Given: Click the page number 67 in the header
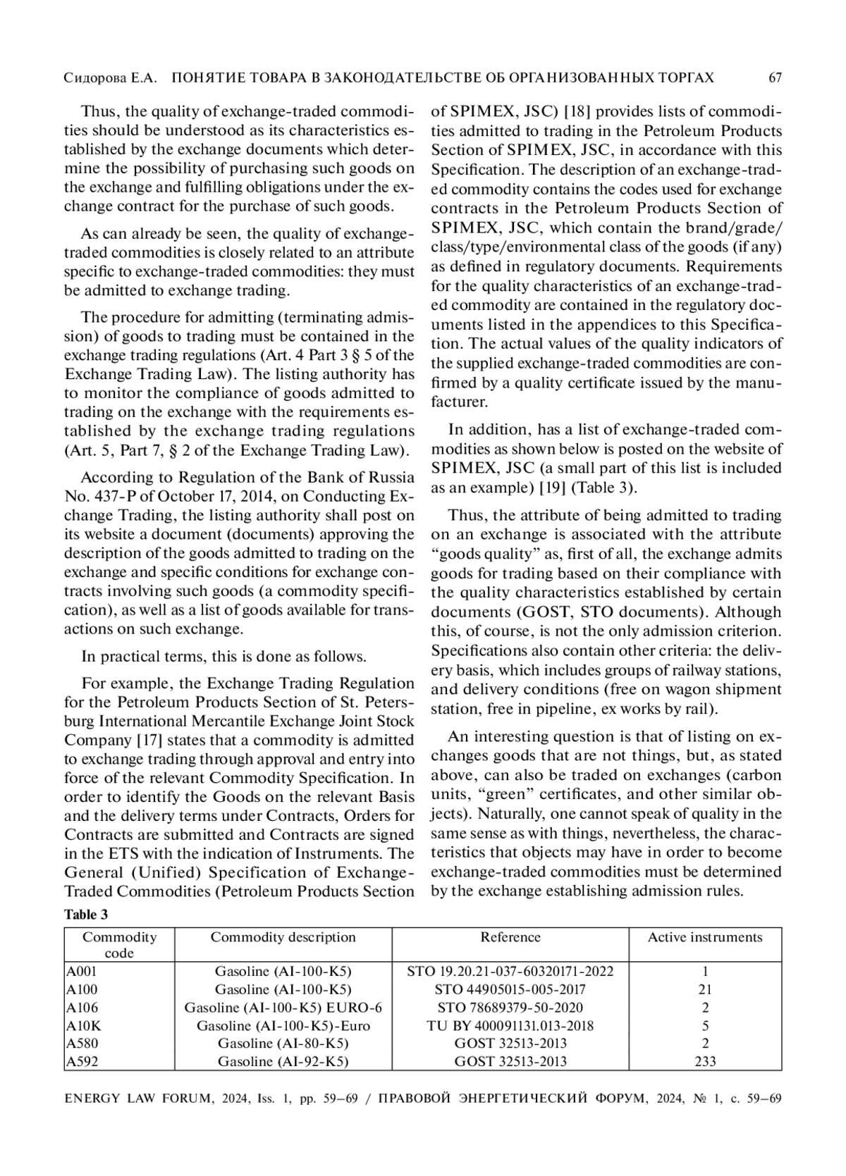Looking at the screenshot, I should coord(775,78).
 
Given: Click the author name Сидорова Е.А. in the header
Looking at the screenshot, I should coord(110,78).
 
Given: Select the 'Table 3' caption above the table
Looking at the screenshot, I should coord(86,915).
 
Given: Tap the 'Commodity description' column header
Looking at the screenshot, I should coord(283,937).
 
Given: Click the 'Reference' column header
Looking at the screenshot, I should coord(510,937).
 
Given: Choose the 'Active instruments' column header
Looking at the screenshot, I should coord(705,937).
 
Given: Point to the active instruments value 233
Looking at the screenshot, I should coord(705,1061).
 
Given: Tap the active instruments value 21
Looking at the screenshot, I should coord(705,989).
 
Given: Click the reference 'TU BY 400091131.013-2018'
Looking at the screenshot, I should coord(510,1025).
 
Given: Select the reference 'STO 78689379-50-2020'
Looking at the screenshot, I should coord(510,1008).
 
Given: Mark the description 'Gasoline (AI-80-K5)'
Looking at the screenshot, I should coord(283,1043).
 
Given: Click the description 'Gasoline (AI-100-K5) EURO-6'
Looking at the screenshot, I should coord(283,1008).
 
